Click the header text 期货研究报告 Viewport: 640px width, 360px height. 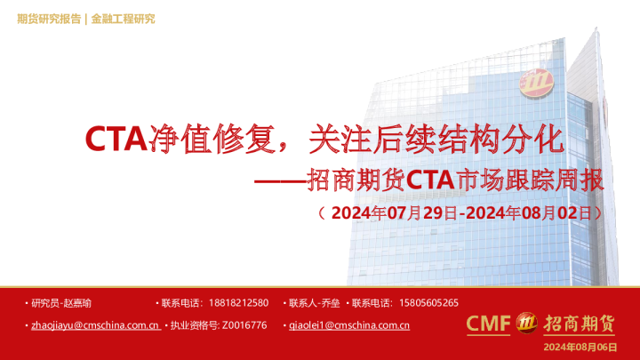[48, 19]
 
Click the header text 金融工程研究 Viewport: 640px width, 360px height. [123, 19]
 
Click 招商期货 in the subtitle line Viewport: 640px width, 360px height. [355, 180]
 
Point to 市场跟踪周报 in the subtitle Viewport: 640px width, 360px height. [529, 180]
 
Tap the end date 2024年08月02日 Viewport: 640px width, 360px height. [529, 213]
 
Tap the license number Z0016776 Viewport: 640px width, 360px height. [244, 325]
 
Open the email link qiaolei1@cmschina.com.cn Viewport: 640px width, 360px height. [349, 325]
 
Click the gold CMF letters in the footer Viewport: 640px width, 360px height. [488, 324]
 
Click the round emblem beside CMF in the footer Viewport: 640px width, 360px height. [525, 324]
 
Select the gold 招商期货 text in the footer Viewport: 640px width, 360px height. [579, 324]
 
